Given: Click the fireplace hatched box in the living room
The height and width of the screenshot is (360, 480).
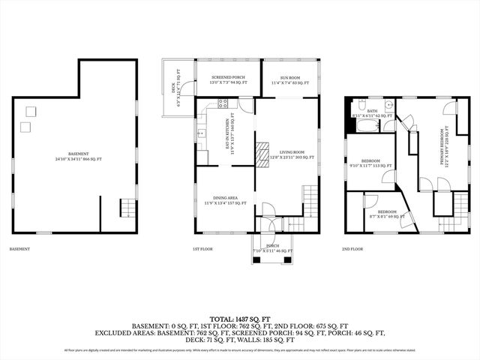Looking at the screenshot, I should point(261,153).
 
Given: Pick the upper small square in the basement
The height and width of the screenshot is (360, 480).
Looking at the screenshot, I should point(30,111).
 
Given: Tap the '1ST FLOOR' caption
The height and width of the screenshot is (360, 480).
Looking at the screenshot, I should point(202,248).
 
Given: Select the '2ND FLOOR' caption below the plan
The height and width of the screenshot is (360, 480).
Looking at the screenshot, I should point(352,248).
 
